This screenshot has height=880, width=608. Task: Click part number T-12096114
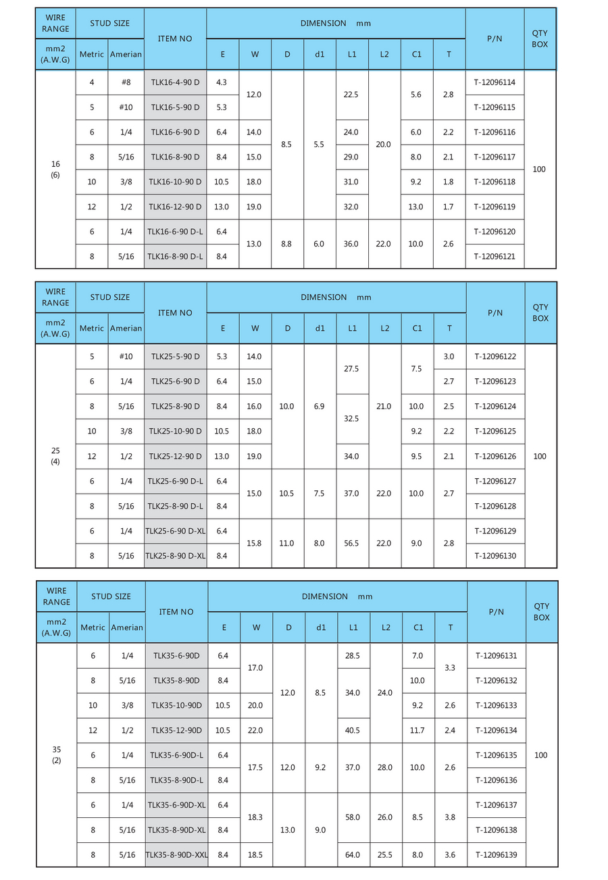495,82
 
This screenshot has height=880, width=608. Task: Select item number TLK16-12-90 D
175,207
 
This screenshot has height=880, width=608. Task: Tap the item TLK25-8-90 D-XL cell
175,556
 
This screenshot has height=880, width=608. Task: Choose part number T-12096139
496,854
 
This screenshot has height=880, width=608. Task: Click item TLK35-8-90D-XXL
176,854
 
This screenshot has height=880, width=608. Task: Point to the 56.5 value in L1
351,543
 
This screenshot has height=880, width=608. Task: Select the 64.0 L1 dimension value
353,854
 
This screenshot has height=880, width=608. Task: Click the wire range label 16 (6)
55,169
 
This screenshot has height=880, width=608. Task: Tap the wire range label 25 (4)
55,457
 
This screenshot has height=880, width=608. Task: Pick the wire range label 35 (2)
56,755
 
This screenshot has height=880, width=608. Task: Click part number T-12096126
495,456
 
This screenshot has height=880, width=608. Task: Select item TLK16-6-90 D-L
175,232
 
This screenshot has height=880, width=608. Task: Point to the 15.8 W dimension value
255,543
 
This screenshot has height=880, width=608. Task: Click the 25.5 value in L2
385,854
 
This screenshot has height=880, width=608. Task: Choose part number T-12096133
496,705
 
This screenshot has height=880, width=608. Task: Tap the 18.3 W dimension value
256,817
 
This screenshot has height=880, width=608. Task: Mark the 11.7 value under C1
417,730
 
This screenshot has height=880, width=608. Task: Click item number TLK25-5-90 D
175,357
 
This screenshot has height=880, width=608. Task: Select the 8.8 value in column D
287,244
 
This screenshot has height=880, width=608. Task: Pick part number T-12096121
495,257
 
